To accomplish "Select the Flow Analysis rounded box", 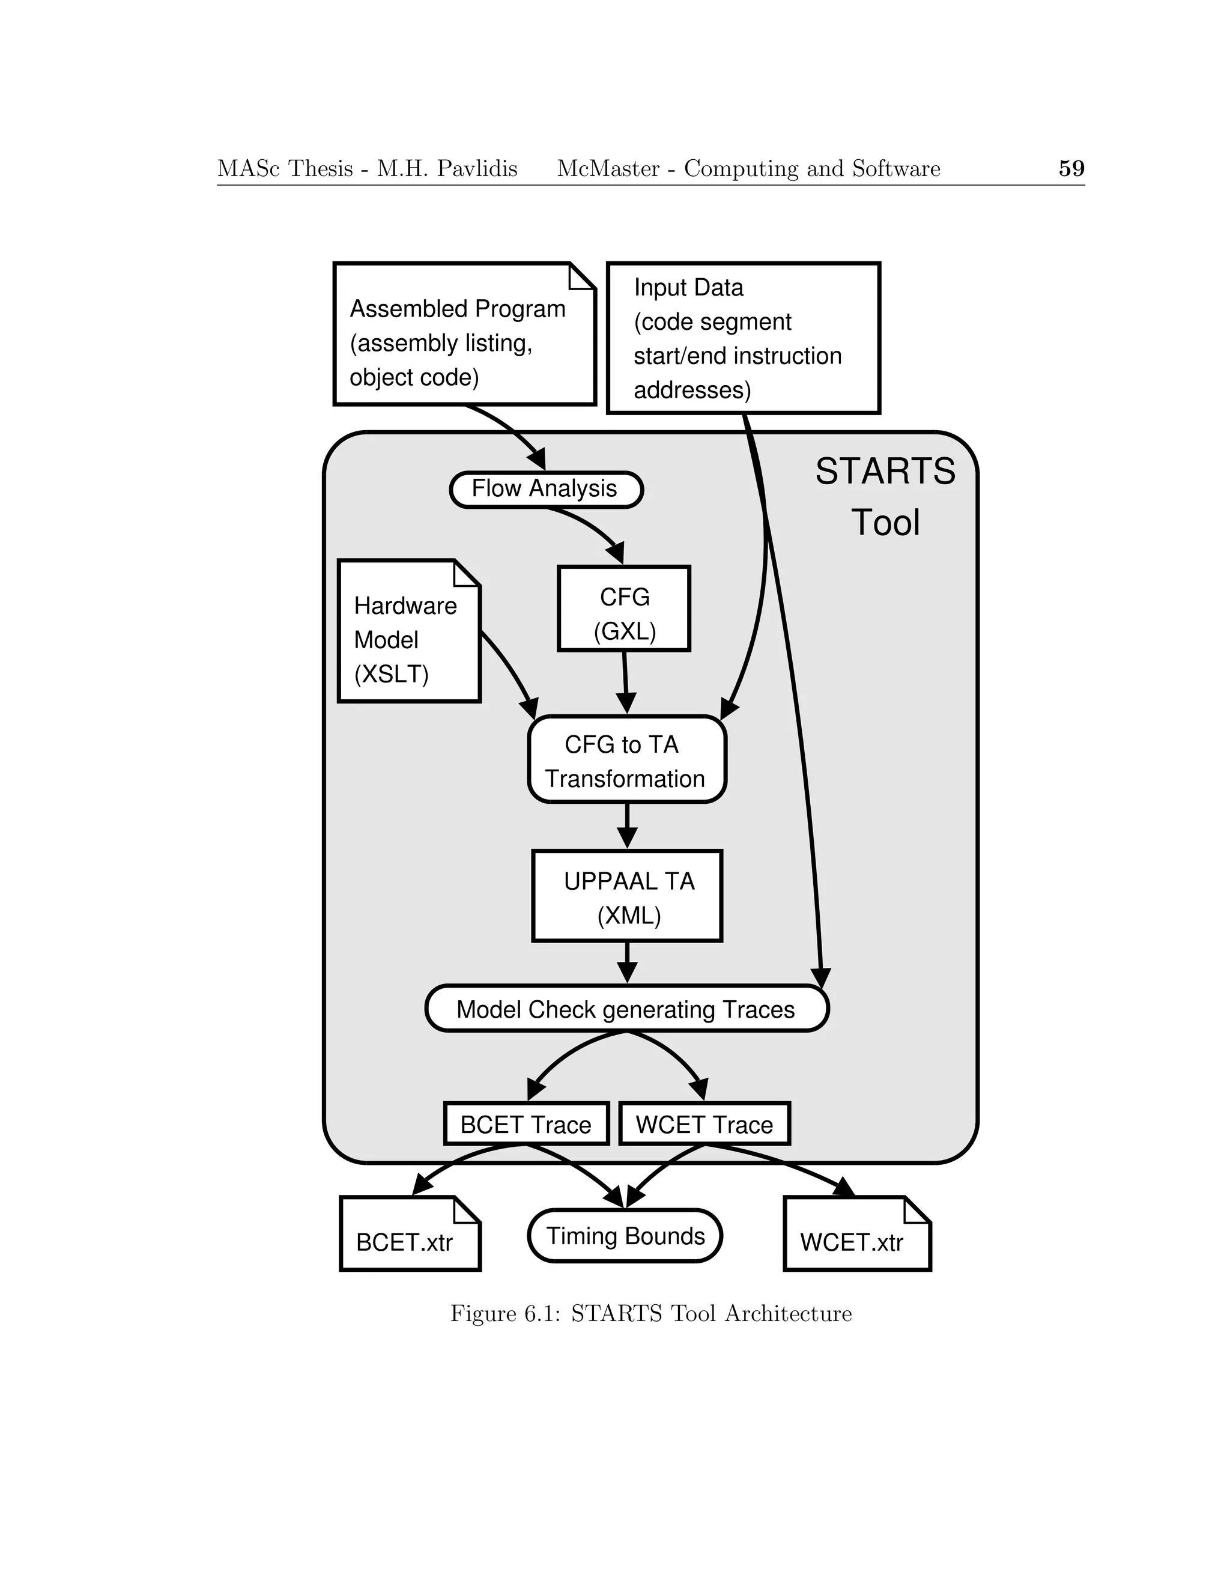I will pyautogui.click(x=546, y=489).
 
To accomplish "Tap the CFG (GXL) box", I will pyautogui.click(x=624, y=608).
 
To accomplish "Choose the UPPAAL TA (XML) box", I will pyautogui.click(x=626, y=896).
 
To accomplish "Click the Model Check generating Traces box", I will pyautogui.click(x=626, y=1009).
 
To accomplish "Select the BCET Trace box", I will pyautogui.click(x=526, y=1124).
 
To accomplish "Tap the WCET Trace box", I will pyautogui.click(x=704, y=1124).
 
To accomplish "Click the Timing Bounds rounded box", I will pyautogui.click(x=625, y=1236).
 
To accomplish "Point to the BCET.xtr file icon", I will pyautogui.click(x=410, y=1241).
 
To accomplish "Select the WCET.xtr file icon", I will pyautogui.click(x=857, y=1241).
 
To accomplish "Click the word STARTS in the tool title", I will pyautogui.click(x=885, y=472).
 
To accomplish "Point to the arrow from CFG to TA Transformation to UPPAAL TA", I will pyautogui.click(x=626, y=826).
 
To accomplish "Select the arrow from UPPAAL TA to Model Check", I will pyautogui.click(x=626, y=962).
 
